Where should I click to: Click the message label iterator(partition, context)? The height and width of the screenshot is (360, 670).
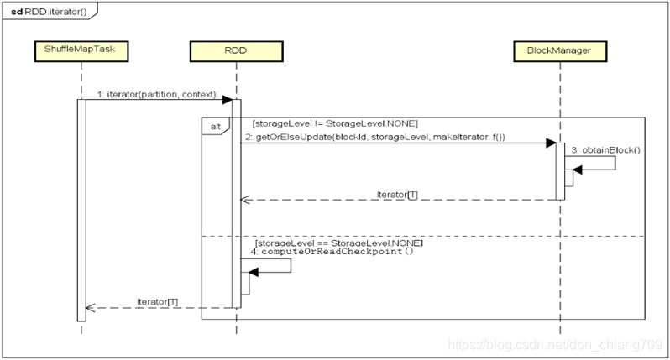(x=156, y=94)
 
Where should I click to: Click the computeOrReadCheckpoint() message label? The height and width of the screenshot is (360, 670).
(x=338, y=251)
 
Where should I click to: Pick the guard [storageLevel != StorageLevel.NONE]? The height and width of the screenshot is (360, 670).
(x=329, y=123)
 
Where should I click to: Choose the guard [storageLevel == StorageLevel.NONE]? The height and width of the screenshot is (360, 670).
(x=338, y=242)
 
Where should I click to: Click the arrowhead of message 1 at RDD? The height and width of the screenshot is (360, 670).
(x=226, y=100)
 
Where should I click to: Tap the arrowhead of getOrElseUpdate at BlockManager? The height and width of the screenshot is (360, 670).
(x=550, y=143)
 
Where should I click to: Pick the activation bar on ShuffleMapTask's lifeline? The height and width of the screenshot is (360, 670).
(x=81, y=210)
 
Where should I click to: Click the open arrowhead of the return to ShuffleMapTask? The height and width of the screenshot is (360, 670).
(x=91, y=307)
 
